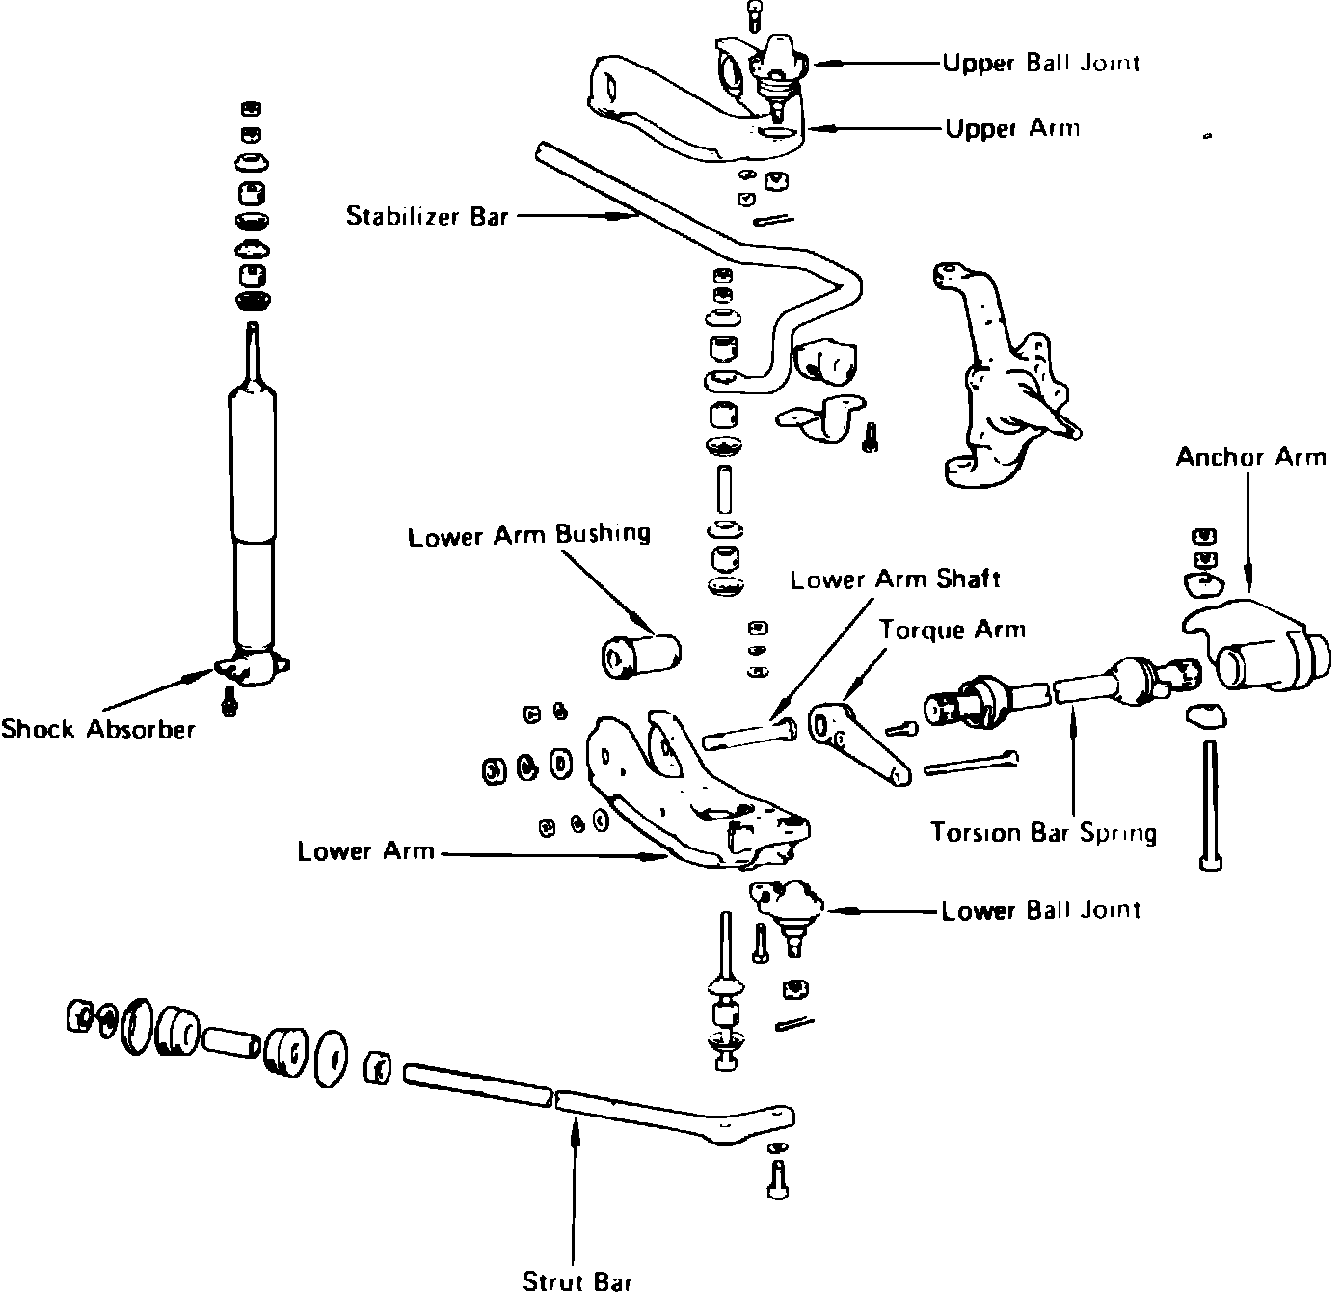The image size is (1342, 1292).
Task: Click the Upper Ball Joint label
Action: click(x=1040, y=64)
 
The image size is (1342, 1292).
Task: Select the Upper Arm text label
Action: click(x=1011, y=128)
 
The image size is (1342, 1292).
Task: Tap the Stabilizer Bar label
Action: click(x=427, y=216)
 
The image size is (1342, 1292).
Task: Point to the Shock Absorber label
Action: click(x=97, y=729)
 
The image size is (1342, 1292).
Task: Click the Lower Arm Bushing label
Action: click(x=528, y=535)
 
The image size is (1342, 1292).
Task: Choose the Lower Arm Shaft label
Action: click(x=895, y=579)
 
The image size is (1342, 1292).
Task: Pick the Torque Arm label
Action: click(x=952, y=631)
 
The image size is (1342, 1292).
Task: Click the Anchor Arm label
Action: click(x=1250, y=457)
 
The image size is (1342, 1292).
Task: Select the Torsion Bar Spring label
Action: click(x=1043, y=831)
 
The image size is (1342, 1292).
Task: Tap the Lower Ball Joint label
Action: click(x=1040, y=910)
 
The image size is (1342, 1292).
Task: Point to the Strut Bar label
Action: click(x=577, y=1280)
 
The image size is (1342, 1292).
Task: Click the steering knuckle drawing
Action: click(x=998, y=376)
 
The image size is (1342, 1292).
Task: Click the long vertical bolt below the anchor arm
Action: click(x=1209, y=800)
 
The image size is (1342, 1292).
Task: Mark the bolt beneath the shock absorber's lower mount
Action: click(x=229, y=702)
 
